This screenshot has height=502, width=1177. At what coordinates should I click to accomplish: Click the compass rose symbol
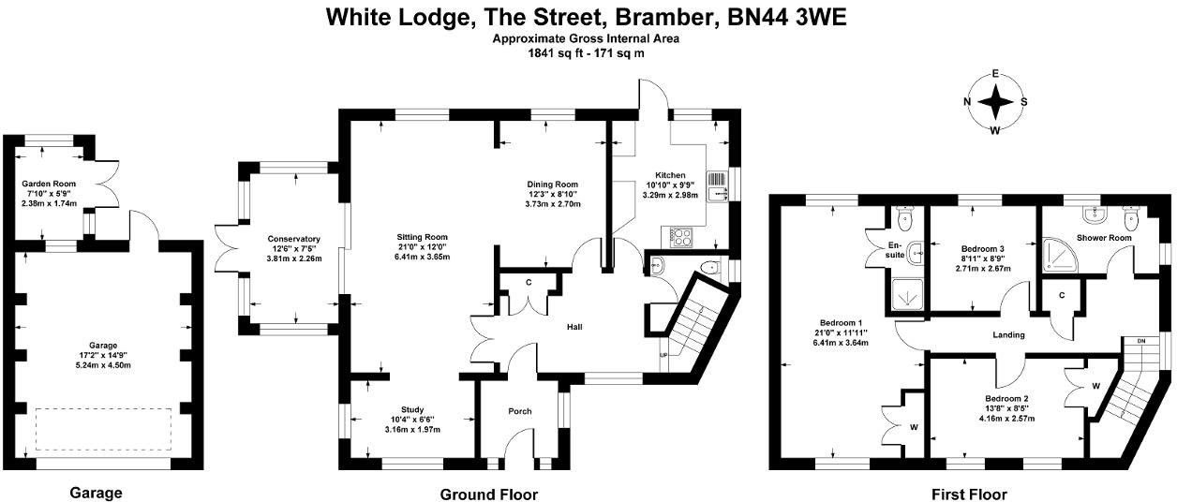click(x=995, y=102)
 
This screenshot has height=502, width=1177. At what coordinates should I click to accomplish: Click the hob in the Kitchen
click(x=678, y=233)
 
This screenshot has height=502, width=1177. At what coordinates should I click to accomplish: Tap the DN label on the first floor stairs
click(x=1141, y=340)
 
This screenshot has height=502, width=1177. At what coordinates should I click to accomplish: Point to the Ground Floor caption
click(x=488, y=494)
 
